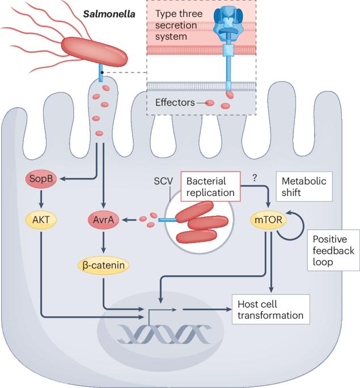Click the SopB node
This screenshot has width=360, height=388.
pos(41,178)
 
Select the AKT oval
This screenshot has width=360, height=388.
pos(41,220)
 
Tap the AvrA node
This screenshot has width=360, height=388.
pos(104,220)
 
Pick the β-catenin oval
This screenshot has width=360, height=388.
pos(104,266)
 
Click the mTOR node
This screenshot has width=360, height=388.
pos(268,220)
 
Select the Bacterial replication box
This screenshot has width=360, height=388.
pos(210,186)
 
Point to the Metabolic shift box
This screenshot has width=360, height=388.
pos(304,186)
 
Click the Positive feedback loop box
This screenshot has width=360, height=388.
pos(333,250)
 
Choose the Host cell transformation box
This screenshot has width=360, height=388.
pos(270,309)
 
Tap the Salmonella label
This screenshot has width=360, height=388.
pos(109,14)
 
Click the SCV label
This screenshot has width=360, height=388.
pos(163,181)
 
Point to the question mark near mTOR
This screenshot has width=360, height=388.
pos(255,178)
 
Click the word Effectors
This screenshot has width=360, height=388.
pos(175,103)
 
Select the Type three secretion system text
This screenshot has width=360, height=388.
pos(179,25)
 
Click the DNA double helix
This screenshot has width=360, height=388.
pos(164,334)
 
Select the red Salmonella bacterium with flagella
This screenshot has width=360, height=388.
pos(94,52)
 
